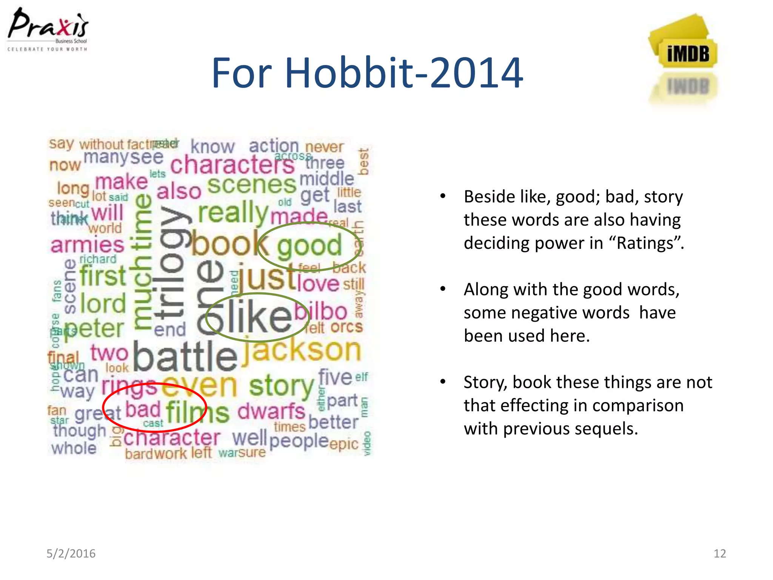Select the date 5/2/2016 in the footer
click(x=71, y=554)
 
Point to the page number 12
click(x=719, y=554)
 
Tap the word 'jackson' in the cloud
click(x=302, y=350)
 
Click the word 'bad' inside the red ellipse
click(x=143, y=410)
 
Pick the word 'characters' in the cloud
click(x=232, y=165)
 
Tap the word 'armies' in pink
click(x=87, y=245)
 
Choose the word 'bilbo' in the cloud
click(x=321, y=312)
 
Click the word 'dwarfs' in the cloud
click(x=271, y=412)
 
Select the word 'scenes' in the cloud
click(x=251, y=185)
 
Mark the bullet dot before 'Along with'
click(x=443, y=289)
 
